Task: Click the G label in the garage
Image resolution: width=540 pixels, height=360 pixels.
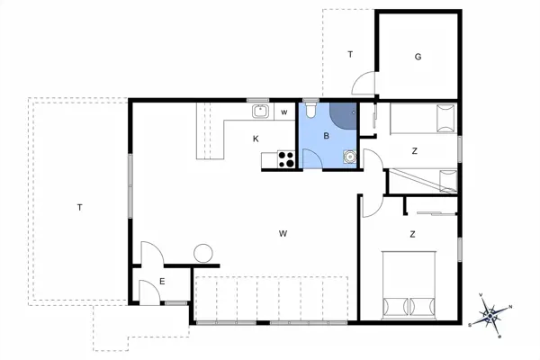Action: (418, 57)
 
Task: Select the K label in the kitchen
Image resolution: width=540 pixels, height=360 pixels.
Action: (256, 138)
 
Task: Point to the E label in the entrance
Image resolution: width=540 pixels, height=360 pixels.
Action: (162, 282)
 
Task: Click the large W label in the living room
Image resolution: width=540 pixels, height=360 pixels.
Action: (283, 233)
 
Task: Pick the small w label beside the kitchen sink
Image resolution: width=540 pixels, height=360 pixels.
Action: (283, 112)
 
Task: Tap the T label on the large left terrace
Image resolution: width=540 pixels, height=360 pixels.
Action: (79, 208)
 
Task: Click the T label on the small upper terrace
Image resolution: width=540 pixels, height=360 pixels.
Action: (350, 55)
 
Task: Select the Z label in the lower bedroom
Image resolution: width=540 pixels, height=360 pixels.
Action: (412, 234)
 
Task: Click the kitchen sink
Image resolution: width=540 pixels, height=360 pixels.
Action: (260, 112)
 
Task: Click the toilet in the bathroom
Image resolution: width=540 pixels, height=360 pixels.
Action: (310, 111)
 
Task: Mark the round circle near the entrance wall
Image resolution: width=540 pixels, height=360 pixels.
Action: (203, 253)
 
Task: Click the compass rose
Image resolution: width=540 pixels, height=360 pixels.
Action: (491, 316)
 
